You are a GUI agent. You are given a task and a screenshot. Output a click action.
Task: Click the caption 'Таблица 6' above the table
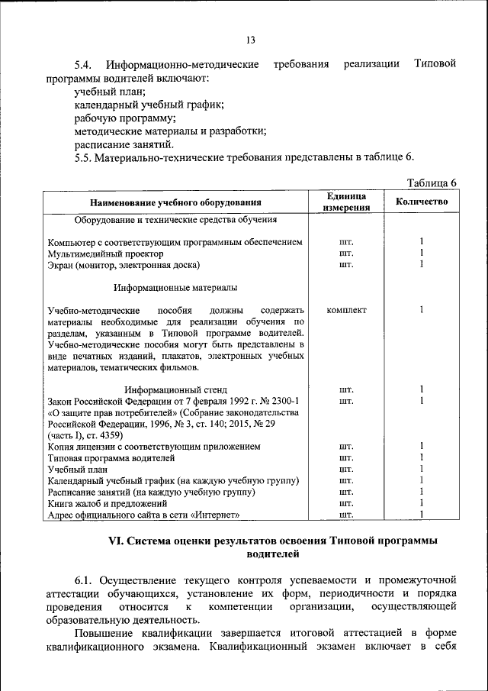(x=432, y=183)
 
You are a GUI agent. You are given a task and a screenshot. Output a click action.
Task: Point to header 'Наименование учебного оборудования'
(x=176, y=202)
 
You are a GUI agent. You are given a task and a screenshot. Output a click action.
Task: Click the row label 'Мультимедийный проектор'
(x=105, y=253)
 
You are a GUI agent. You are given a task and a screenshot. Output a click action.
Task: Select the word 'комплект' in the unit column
(x=346, y=310)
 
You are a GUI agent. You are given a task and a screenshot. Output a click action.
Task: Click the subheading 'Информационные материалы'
(x=175, y=288)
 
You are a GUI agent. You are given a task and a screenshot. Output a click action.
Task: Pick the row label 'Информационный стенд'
(x=176, y=390)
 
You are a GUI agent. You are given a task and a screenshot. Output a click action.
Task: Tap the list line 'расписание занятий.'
(x=124, y=144)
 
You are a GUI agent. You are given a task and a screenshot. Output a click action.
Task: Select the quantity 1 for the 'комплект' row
(x=422, y=310)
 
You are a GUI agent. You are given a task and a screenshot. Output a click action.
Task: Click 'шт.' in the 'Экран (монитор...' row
(x=346, y=265)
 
